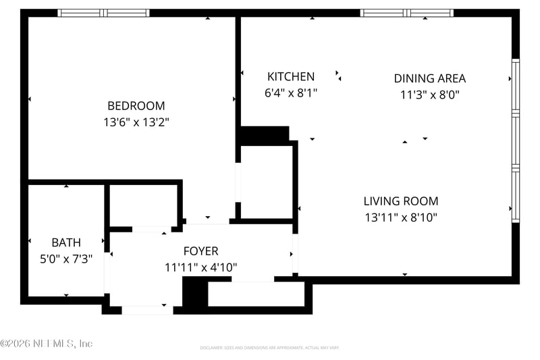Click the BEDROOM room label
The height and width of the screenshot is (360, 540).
[x=136, y=106]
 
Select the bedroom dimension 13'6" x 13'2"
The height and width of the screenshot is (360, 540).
[x=136, y=122]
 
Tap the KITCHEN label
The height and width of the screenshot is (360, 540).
[x=290, y=76]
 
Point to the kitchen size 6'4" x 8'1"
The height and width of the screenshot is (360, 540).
[x=290, y=93]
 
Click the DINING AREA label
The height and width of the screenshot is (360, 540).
[x=429, y=78]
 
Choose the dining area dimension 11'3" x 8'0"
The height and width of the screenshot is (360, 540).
[x=429, y=95]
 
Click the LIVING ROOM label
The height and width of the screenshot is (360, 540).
[x=400, y=201]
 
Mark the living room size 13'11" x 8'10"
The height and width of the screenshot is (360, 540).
[x=400, y=217]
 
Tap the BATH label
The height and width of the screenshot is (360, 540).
[x=66, y=242]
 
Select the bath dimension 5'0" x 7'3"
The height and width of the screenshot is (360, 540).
[x=66, y=259]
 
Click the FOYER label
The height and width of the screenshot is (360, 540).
[x=200, y=251]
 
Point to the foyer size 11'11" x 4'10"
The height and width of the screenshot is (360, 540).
[x=200, y=267]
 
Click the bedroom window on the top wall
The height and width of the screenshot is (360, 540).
[x=103, y=13]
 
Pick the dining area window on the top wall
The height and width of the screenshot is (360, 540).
[x=407, y=13]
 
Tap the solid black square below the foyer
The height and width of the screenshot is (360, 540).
[x=194, y=292]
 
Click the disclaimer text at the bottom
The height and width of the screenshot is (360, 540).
[x=269, y=348]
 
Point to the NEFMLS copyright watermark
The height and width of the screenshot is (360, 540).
[x=46, y=344]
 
